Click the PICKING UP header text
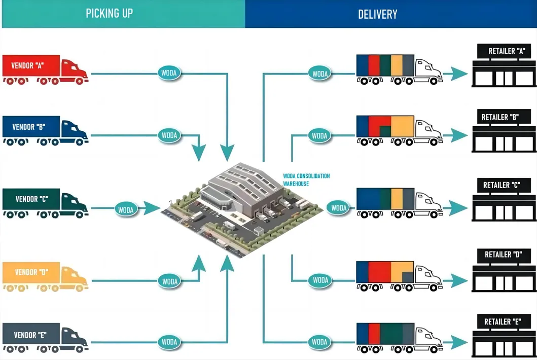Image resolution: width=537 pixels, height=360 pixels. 109,13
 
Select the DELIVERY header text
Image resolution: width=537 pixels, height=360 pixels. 377,14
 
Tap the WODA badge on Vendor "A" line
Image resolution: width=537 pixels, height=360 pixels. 169,73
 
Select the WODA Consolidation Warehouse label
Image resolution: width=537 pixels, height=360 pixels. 306,179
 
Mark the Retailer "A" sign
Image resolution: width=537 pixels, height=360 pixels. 503,51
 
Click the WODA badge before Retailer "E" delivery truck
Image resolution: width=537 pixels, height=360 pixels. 319,342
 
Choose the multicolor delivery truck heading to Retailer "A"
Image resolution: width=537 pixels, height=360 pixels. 398,69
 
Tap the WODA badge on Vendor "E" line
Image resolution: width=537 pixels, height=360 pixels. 169,342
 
